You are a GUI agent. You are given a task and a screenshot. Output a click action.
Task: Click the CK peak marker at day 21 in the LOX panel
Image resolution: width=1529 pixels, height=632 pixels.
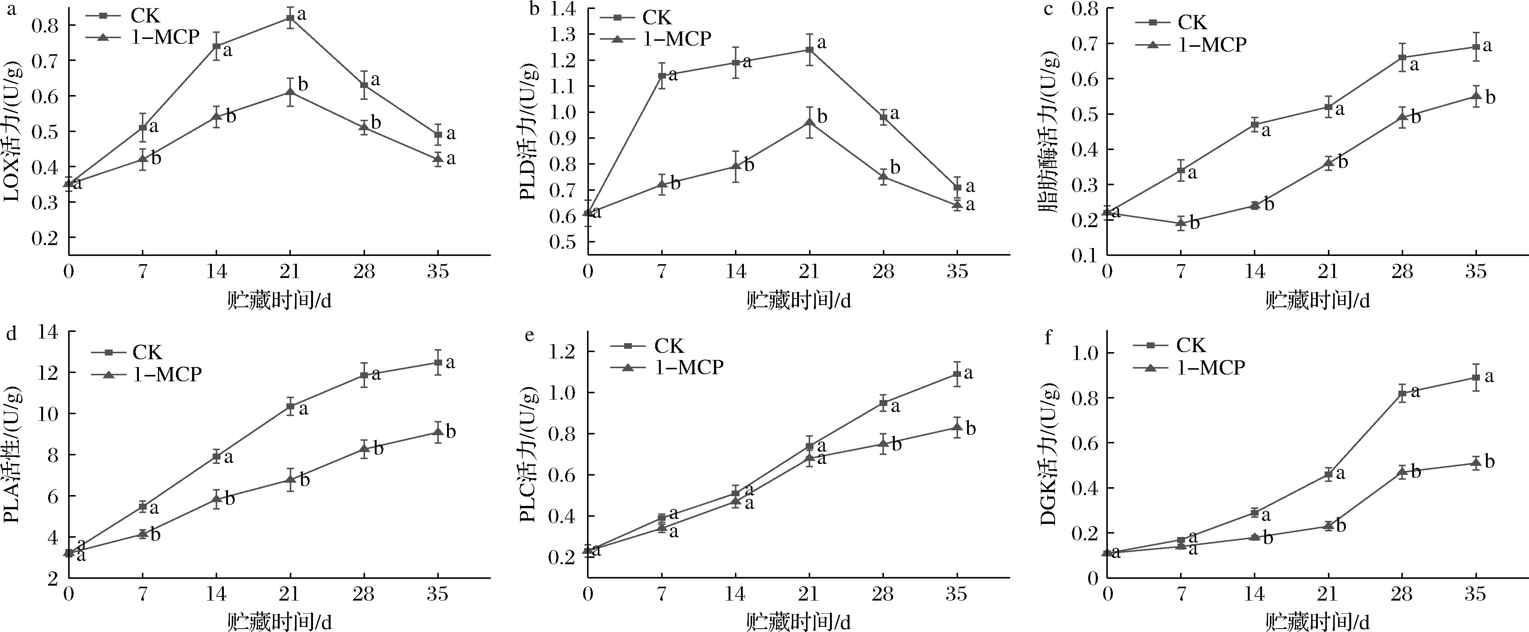click(x=290, y=18)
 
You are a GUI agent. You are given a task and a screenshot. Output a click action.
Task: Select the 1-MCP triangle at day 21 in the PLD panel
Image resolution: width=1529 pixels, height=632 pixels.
click(x=809, y=122)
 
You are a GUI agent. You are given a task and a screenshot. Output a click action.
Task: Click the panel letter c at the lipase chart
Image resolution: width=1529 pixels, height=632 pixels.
click(x=1048, y=9)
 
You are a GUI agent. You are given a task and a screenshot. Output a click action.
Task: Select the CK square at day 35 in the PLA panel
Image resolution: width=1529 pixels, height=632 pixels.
click(x=437, y=363)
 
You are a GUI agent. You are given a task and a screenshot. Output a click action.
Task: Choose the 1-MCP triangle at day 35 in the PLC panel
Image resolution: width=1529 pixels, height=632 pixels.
click(x=957, y=427)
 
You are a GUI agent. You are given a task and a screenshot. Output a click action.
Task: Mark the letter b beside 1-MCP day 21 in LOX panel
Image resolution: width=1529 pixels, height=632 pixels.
click(x=303, y=84)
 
